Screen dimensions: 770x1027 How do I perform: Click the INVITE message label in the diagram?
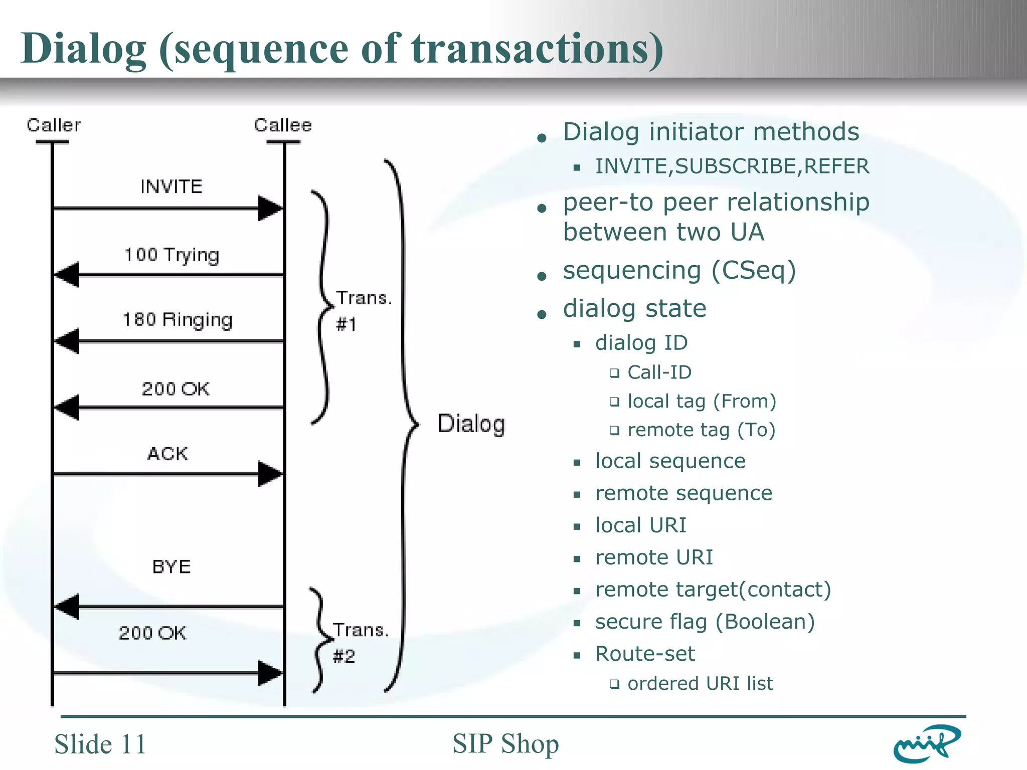click(x=171, y=187)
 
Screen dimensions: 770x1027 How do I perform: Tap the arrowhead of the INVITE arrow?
click(x=270, y=208)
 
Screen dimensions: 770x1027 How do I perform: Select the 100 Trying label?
click(x=172, y=255)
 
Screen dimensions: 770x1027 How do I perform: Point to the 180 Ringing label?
click(x=178, y=320)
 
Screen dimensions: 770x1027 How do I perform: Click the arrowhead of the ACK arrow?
click(x=270, y=474)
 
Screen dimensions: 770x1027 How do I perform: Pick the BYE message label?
click(x=172, y=567)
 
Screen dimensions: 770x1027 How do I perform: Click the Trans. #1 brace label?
click(x=362, y=311)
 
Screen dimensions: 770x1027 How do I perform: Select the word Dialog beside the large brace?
click(x=471, y=424)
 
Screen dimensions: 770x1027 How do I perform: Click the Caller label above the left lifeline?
click(x=54, y=125)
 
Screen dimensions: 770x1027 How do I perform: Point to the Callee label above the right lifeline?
click(x=283, y=125)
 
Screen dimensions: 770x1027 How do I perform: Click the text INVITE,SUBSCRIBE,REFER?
click(x=732, y=166)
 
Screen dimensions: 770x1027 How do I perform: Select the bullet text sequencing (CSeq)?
click(x=679, y=271)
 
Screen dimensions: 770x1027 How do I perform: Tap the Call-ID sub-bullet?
click(x=659, y=372)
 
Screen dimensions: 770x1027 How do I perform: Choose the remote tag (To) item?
click(x=701, y=430)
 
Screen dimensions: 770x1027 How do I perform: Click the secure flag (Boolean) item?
click(x=705, y=622)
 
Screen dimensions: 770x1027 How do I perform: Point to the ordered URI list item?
click(x=700, y=684)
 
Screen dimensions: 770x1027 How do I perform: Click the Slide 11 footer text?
click(x=100, y=744)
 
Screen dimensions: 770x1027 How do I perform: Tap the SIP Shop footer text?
click(x=505, y=744)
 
